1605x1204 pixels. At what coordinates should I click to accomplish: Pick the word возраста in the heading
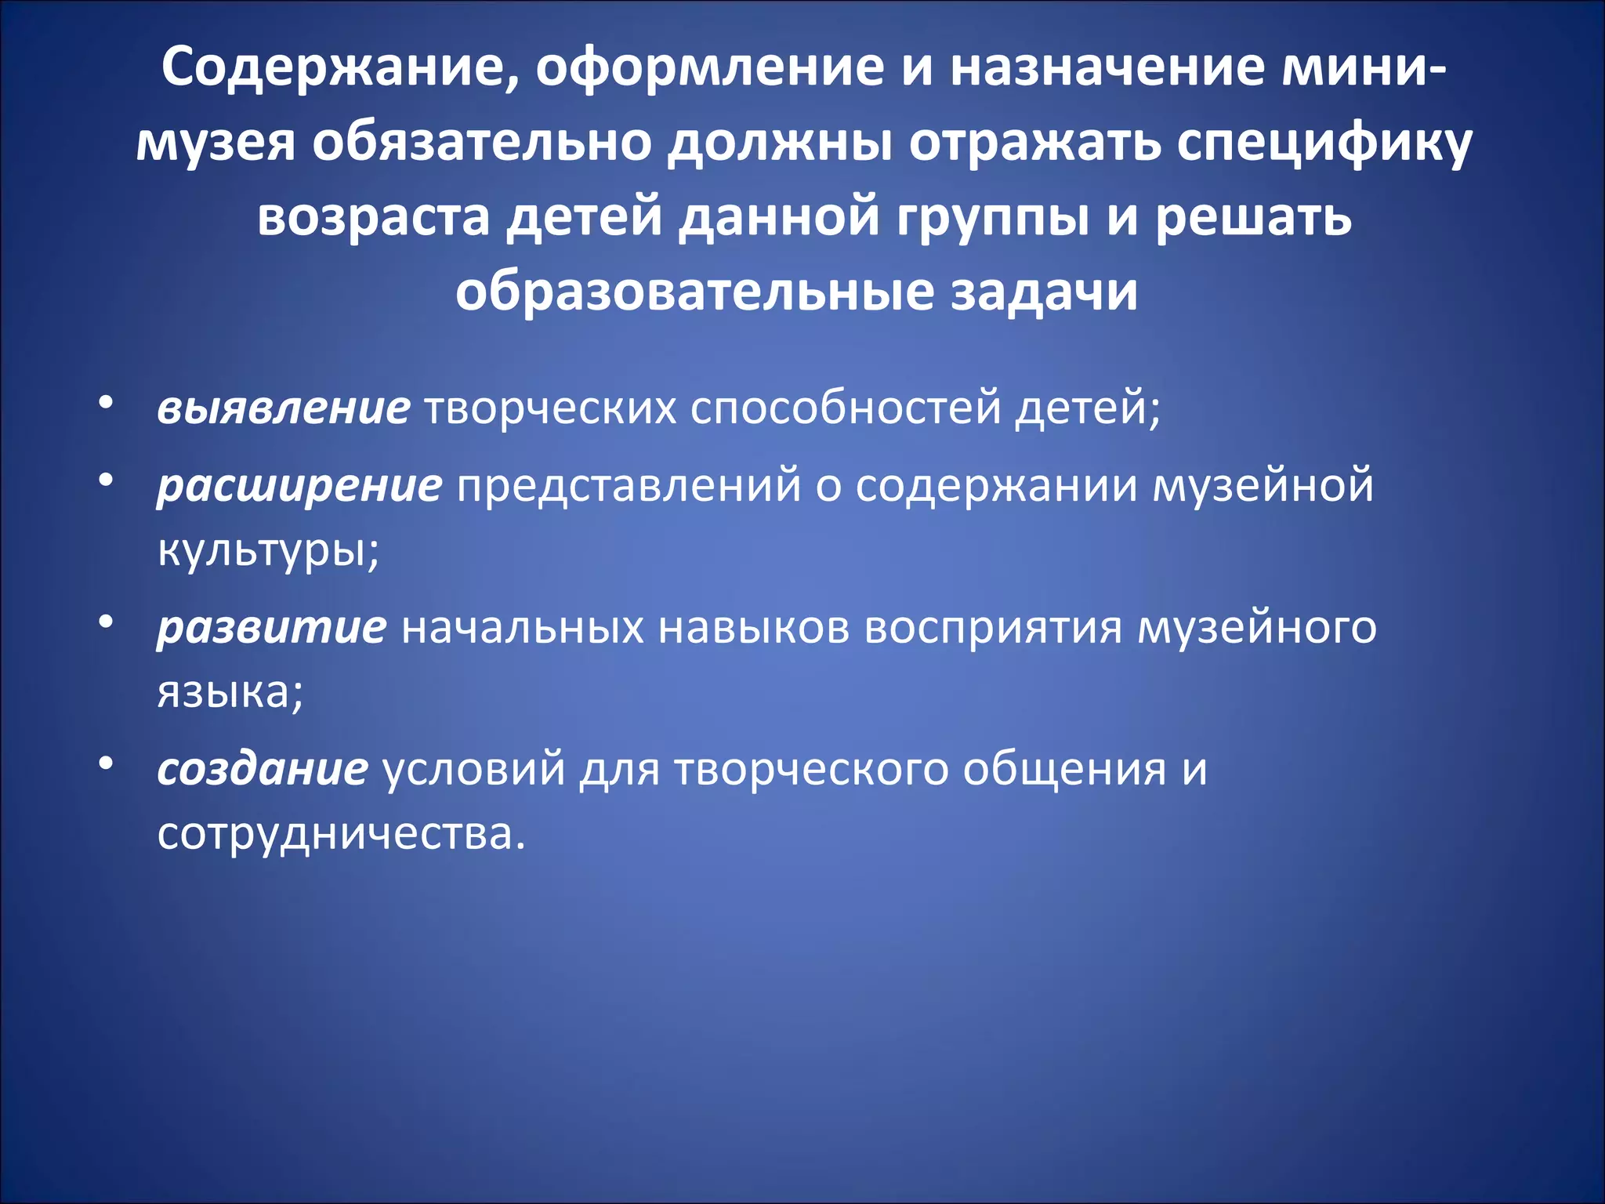[374, 217]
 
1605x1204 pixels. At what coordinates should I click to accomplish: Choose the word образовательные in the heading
[695, 292]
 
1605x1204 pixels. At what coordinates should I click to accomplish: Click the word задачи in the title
[1045, 292]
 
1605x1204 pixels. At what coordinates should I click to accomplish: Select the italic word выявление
[283, 408]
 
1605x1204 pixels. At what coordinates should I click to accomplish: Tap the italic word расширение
[299, 485]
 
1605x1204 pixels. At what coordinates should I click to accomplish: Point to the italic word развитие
[271, 627]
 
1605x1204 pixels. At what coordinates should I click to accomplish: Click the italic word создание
[262, 769]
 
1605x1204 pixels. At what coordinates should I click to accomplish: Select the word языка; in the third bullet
[230, 691]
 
